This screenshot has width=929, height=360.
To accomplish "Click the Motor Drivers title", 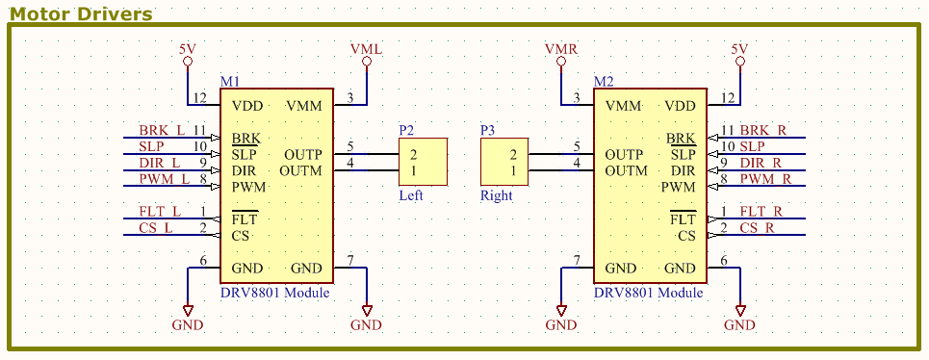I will pyautogui.click(x=81, y=13).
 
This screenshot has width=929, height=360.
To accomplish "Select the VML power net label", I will pyautogui.click(x=366, y=48).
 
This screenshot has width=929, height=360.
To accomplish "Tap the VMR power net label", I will pyautogui.click(x=560, y=48).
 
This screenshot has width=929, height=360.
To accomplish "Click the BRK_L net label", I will pyautogui.click(x=161, y=130).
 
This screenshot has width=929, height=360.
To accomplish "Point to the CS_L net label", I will pyautogui.click(x=157, y=227).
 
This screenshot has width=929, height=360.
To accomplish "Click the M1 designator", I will pyautogui.click(x=230, y=82).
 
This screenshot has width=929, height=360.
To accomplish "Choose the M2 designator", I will pyautogui.click(x=604, y=82).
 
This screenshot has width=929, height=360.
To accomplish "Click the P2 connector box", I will pyautogui.click(x=424, y=162).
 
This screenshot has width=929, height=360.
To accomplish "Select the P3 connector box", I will pyautogui.click(x=505, y=162).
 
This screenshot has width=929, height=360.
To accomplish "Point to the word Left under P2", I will pyautogui.click(x=411, y=194).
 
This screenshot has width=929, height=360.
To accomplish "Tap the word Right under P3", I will pyautogui.click(x=497, y=194).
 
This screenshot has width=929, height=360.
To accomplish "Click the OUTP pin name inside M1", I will pyautogui.click(x=303, y=154).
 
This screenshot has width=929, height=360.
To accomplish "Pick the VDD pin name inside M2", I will pyautogui.click(x=680, y=106).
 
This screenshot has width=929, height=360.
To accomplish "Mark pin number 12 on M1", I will pyautogui.click(x=199, y=97).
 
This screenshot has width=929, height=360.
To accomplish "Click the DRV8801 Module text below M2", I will pyautogui.click(x=648, y=293).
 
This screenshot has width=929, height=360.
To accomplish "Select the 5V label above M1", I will pyautogui.click(x=188, y=48).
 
